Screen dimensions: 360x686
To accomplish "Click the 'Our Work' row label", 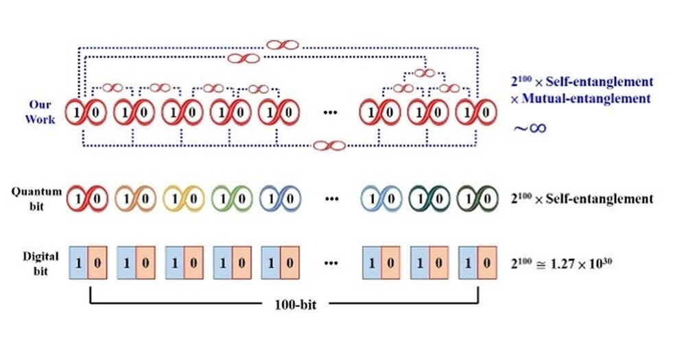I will click(40, 111).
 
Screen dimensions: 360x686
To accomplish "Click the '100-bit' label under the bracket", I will click(283, 303).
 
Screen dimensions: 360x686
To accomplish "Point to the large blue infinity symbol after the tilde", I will click(536, 128).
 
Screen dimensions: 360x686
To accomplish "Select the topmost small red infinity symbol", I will click(283, 45).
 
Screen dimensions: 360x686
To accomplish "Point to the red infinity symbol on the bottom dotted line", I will click(328, 145).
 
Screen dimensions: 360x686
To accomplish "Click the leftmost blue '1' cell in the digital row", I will click(80, 263).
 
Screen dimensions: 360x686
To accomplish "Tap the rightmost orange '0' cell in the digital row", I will click(487, 263).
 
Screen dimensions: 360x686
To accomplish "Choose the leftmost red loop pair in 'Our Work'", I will click(86, 112).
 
